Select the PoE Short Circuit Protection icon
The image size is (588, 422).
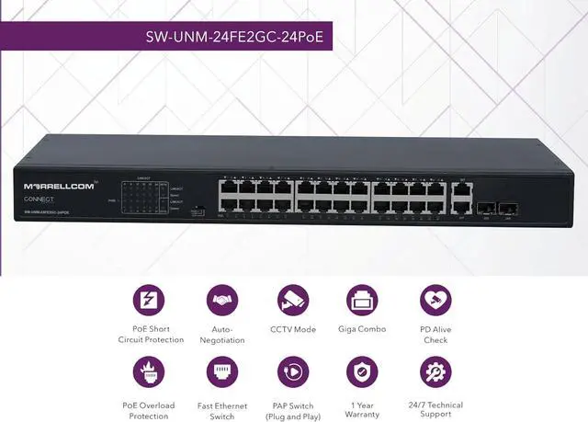coord(150,301)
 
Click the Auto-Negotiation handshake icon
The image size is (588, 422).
coord(221,301)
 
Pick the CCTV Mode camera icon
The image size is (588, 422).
coord(293,301)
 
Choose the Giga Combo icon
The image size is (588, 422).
coord(362,301)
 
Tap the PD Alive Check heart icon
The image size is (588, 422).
coord(435,301)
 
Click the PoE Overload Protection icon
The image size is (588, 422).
coord(150,371)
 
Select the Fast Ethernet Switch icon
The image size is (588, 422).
coord(221,371)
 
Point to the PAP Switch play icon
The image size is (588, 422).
coord(293,371)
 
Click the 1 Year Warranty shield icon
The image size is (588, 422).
coord(362,371)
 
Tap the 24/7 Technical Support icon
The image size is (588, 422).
coord(435,371)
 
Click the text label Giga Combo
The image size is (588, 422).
coord(362,329)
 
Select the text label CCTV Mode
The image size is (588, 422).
coord(293,329)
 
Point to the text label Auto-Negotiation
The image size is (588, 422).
coord(221,334)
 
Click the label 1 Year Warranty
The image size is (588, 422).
coord(362,409)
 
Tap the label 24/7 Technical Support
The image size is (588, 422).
coord(435,409)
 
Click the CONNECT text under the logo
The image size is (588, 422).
coord(40,199)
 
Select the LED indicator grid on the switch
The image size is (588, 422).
coord(138,195)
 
